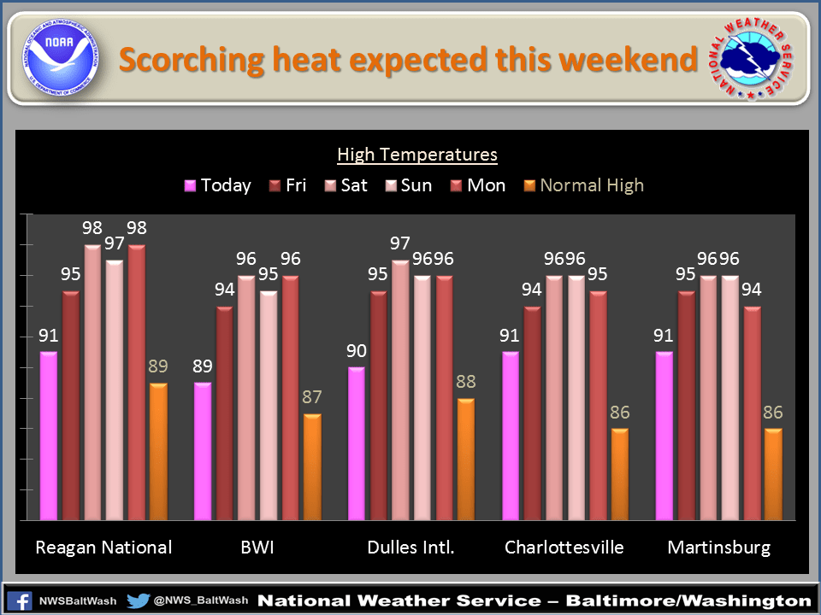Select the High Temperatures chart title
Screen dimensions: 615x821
pos(417,155)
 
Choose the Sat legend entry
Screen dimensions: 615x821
pos(346,185)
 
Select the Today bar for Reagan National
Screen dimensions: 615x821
pos(49,436)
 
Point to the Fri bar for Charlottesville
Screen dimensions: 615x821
pos(532,413)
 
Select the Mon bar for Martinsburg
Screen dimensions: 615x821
pos(752,413)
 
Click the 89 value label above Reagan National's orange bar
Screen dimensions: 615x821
pos(158,366)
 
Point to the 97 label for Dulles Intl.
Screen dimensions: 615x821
pos(400,244)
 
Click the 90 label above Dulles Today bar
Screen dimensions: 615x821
pos(356,351)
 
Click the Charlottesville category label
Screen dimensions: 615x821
pos(564,548)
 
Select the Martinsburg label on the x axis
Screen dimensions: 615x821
pos(718,548)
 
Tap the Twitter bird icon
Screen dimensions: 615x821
pos(138,600)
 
